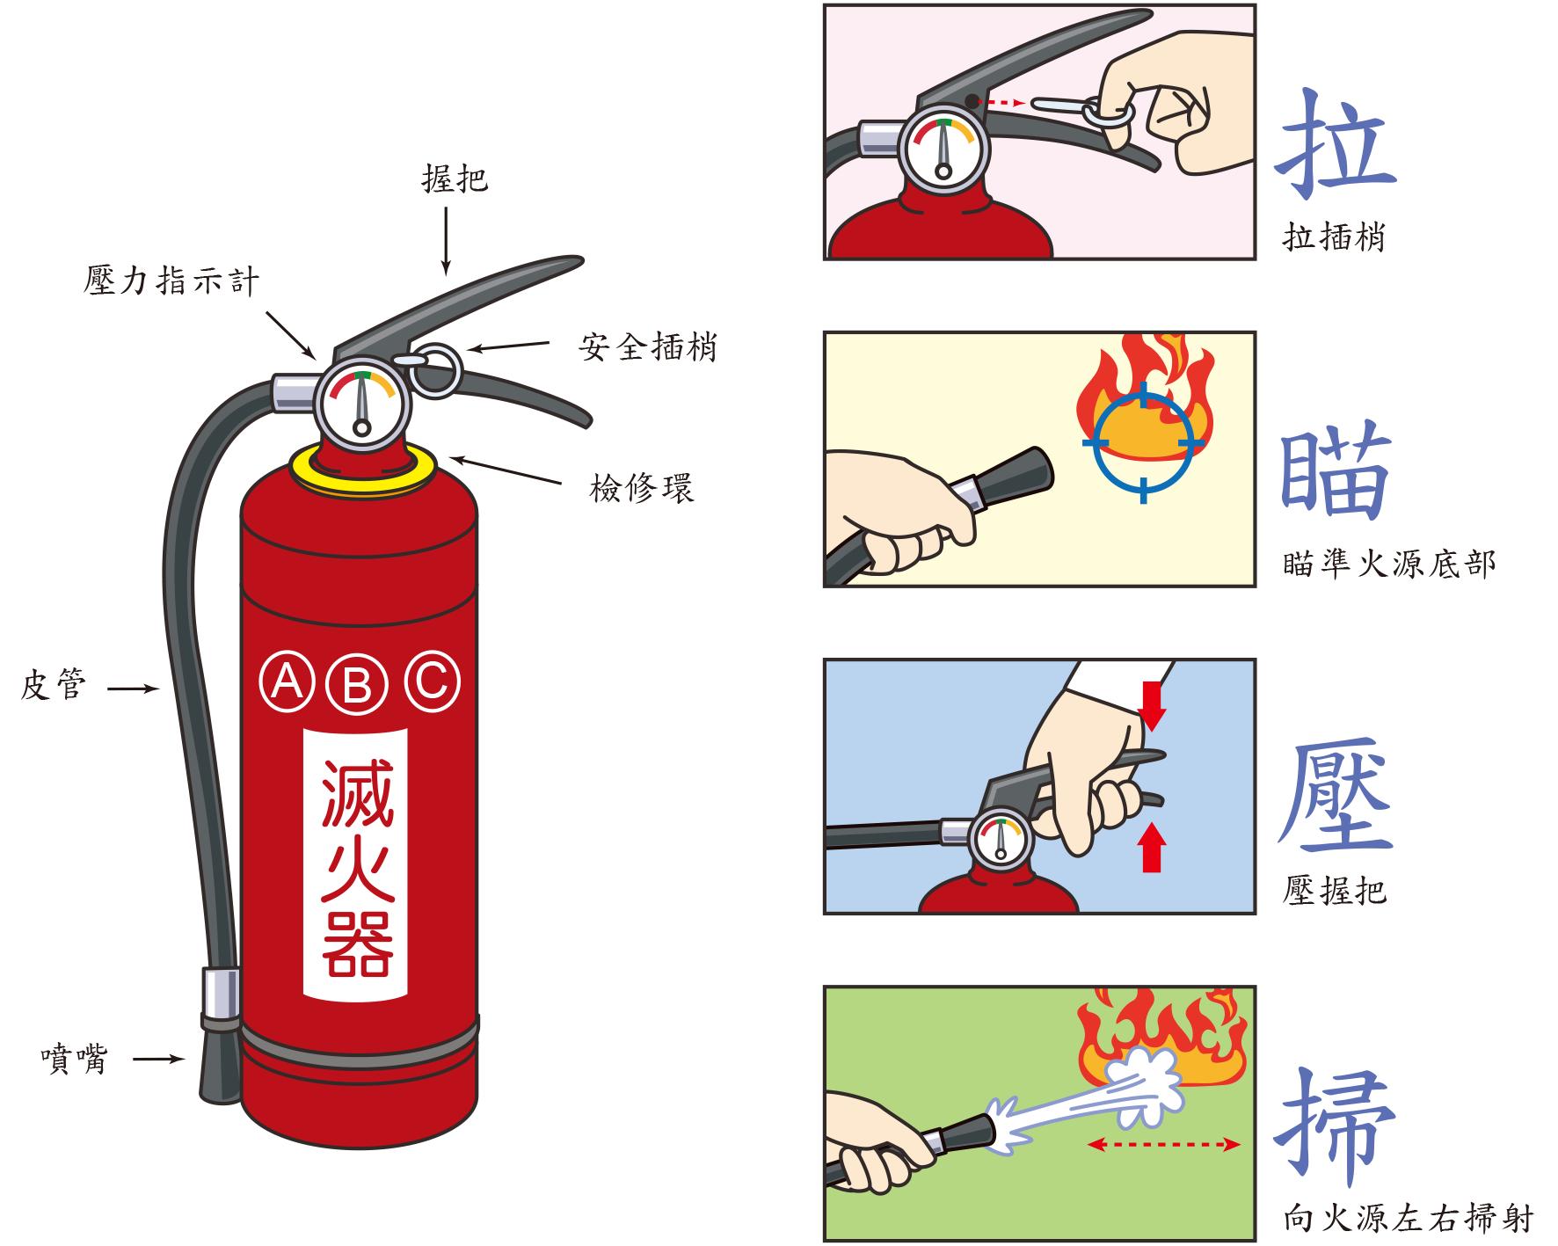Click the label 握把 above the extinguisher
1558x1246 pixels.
(x=454, y=179)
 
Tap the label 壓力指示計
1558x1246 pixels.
(x=172, y=281)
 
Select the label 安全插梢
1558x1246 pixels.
(x=647, y=346)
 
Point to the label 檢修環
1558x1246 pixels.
(x=642, y=488)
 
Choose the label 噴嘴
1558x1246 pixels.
(x=74, y=1059)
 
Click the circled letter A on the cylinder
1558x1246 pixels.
(x=287, y=680)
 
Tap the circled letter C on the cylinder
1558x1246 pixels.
(x=432, y=680)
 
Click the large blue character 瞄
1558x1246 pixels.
(x=1334, y=472)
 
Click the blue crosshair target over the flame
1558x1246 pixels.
(x=1143, y=441)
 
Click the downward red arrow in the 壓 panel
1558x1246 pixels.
(x=1152, y=703)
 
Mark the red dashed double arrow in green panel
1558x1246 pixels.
(x=1163, y=1144)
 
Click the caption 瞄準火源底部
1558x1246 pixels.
(x=1388, y=564)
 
